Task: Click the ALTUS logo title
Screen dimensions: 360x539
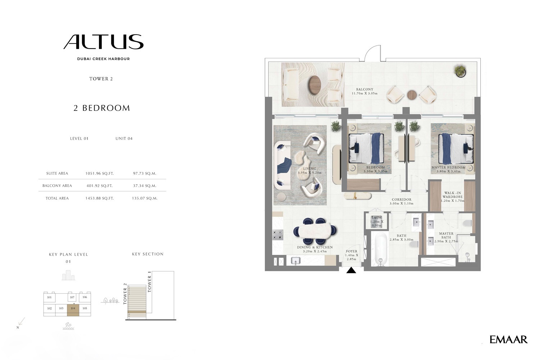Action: click(103, 42)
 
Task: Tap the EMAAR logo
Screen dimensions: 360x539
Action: click(508, 339)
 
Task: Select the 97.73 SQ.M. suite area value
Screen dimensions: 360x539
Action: click(145, 173)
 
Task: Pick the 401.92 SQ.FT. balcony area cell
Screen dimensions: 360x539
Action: click(99, 186)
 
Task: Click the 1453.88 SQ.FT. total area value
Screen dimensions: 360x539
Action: click(99, 198)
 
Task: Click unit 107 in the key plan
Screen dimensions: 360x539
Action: click(72, 298)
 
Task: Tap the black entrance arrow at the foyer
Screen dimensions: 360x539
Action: click(351, 270)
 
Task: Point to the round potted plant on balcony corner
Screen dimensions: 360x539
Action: click(460, 71)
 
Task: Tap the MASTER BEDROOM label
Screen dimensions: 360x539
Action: click(448, 167)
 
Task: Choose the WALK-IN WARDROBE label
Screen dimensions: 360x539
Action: click(452, 195)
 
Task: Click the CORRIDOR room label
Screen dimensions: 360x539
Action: click(402, 199)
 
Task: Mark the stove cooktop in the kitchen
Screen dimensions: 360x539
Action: click(277, 235)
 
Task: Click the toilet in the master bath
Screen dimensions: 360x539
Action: click(467, 223)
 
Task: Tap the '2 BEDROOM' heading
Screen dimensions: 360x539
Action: click(101, 108)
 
